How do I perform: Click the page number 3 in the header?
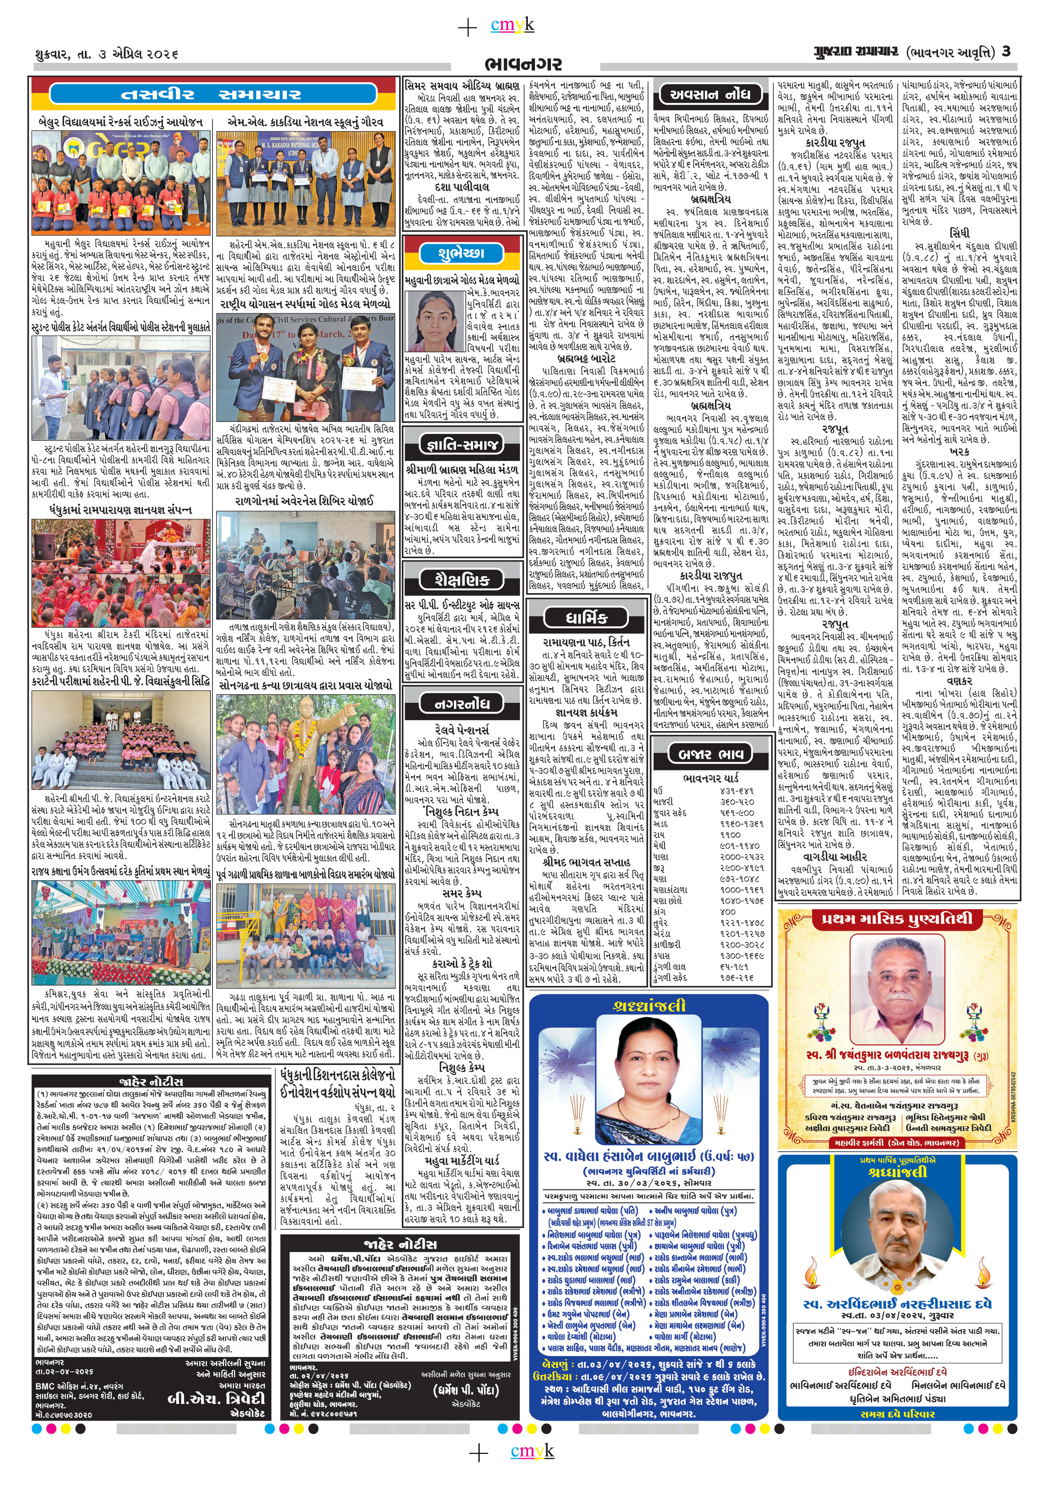point(1006,51)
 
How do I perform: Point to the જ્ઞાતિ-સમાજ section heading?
point(462,444)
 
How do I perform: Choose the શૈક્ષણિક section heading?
point(462,579)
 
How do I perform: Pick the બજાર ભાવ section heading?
point(711,754)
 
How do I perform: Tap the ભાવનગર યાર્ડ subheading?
point(711,777)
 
